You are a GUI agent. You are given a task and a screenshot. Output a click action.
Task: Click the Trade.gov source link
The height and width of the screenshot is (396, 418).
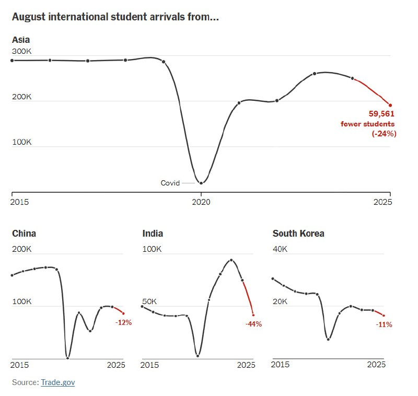click(57, 382)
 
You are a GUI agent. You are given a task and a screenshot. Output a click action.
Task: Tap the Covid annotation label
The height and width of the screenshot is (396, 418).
click(170, 183)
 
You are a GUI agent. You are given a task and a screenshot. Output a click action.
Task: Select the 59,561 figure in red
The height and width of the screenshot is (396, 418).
click(381, 113)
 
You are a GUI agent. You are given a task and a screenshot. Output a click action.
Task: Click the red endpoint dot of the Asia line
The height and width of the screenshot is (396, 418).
click(390, 105)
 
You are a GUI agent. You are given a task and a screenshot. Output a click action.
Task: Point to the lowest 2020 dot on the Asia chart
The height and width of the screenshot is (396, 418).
click(201, 183)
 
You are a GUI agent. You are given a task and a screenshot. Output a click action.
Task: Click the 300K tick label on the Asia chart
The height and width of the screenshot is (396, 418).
click(22, 52)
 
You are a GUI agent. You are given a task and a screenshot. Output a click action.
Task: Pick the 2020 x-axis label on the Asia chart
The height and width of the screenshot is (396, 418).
click(201, 202)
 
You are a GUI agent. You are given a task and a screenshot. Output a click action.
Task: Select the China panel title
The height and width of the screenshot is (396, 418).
click(24, 234)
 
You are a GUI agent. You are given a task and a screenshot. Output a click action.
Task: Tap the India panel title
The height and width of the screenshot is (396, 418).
click(153, 234)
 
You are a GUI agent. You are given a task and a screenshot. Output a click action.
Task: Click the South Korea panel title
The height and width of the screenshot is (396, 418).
click(298, 234)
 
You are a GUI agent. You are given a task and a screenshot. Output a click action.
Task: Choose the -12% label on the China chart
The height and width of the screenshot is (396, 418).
click(124, 322)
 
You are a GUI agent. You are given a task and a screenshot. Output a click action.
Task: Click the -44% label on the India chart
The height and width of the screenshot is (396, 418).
click(253, 324)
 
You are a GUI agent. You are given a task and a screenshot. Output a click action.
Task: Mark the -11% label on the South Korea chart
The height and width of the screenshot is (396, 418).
click(384, 324)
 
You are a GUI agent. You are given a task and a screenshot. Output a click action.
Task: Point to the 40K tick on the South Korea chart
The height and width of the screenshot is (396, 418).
click(280, 249)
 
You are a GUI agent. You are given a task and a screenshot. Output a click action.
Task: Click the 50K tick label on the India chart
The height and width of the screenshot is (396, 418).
click(150, 301)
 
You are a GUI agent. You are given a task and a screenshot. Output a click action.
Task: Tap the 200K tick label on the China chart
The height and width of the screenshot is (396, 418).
click(22, 249)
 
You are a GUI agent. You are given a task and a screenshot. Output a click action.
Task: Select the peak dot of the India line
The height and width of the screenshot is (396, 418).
click(231, 260)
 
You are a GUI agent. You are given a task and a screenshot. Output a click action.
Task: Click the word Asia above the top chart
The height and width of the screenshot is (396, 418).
click(21, 40)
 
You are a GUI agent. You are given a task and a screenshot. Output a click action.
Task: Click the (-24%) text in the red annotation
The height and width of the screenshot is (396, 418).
click(384, 134)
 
